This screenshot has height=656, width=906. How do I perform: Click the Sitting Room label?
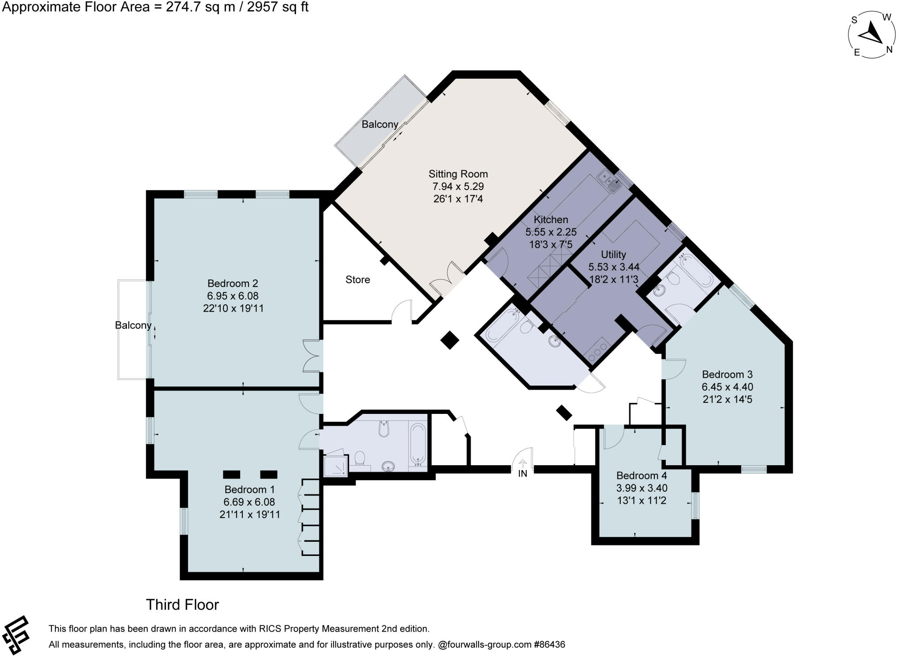[458, 174]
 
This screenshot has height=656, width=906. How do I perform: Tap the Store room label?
[357, 280]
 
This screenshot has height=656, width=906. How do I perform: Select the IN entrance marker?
[523, 473]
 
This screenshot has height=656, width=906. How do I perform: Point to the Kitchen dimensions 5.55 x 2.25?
[551, 232]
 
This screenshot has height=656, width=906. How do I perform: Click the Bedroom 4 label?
[641, 476]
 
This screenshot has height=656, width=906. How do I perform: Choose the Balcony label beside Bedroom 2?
[133, 325]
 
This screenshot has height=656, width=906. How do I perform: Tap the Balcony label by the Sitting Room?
[380, 124]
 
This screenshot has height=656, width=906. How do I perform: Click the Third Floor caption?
[182, 605]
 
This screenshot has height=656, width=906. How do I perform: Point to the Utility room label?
[613, 255]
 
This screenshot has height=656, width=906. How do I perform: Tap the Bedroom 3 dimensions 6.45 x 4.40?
[727, 387]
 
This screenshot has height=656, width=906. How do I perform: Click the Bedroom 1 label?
[250, 490]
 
